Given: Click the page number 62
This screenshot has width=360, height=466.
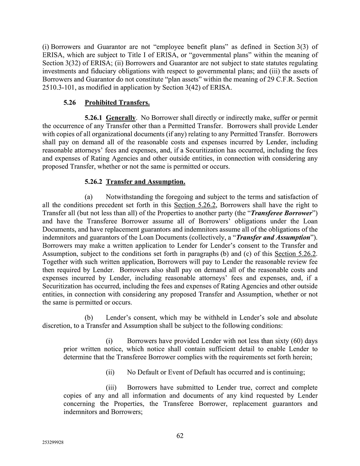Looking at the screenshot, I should click(180, 436).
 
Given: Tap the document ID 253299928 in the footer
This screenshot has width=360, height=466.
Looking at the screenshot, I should click(53, 443).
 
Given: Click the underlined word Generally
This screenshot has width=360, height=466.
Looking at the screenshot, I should click(121, 118).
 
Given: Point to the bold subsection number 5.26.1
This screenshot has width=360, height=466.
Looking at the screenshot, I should click(94, 118).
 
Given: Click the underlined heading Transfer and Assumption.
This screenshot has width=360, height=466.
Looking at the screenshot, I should click(145, 182).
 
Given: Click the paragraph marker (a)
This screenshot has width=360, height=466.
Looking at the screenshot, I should click(89, 197).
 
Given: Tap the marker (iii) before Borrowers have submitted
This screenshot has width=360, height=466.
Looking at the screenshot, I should click(111, 388).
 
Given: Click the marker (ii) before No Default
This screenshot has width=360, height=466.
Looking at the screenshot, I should click(110, 372).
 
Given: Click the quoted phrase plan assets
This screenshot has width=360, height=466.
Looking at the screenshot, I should click(175, 79).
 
